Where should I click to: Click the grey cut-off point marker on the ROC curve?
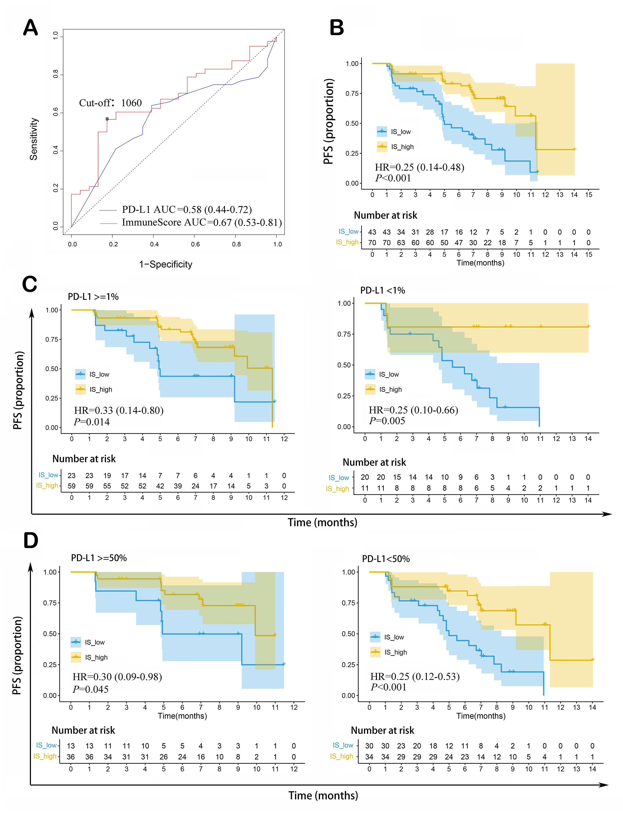(107, 119)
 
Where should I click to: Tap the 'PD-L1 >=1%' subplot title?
(93, 297)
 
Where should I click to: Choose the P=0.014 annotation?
(92, 422)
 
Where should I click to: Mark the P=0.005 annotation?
(387, 421)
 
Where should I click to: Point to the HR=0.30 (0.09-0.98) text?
(117, 677)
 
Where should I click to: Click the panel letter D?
(30, 541)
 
